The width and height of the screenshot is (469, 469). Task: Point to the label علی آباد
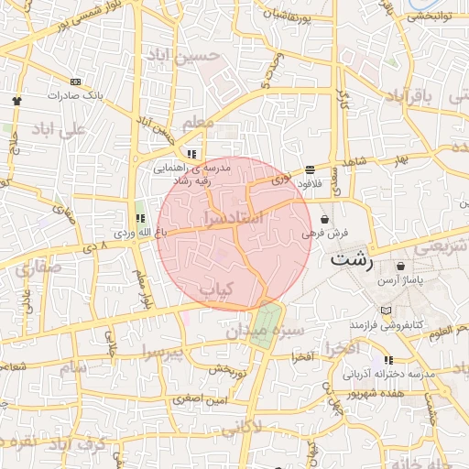click(58, 129)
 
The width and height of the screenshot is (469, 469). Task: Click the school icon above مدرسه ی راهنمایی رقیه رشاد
click(191, 155)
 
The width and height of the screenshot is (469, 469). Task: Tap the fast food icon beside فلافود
click(310, 169)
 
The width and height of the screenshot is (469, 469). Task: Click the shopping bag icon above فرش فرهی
click(326, 219)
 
